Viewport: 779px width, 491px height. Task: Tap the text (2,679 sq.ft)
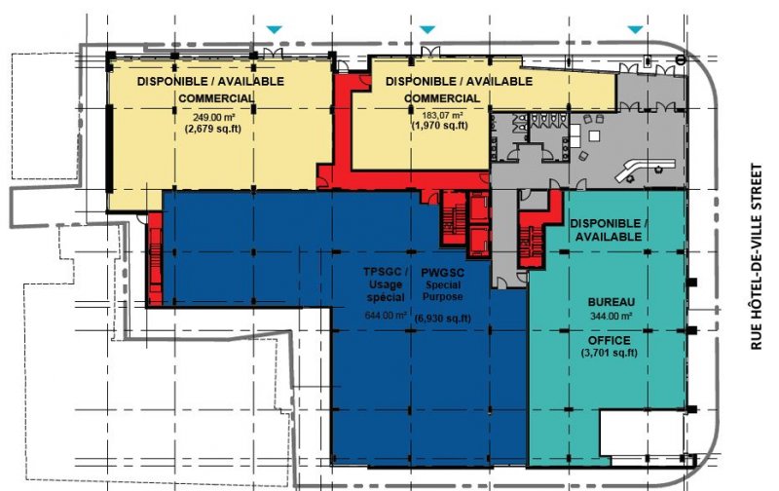[213, 130]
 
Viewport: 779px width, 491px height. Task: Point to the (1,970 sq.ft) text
[440, 126]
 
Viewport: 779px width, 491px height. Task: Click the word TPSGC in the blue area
[386, 273]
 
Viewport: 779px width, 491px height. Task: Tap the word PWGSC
[443, 273]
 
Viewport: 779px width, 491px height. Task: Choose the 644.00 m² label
[386, 315]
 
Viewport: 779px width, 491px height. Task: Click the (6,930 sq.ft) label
[443, 319]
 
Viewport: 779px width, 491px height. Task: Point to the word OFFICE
[610, 340]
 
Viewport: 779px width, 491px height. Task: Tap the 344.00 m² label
[612, 316]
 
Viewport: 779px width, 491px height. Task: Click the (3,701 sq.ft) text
[610, 353]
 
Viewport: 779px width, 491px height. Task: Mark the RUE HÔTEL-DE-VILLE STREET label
[757, 257]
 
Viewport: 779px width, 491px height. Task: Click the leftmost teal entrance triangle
[274, 30]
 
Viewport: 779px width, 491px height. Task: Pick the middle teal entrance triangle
[427, 30]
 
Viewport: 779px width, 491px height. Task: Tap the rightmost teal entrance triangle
[636, 30]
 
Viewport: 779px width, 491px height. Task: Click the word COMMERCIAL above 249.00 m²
[216, 98]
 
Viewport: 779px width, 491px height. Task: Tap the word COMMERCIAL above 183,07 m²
[442, 98]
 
